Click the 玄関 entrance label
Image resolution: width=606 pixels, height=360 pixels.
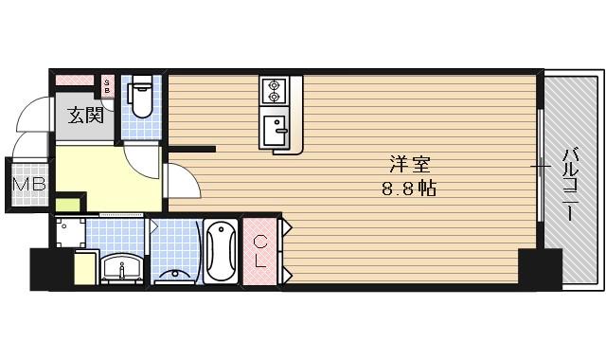pyautogui.click(x=85, y=117)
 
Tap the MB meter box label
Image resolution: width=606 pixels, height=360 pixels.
pyautogui.click(x=27, y=184)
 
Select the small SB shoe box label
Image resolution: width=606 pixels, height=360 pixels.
pyautogui.click(x=107, y=87)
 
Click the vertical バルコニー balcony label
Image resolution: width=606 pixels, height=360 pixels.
pyautogui.click(x=571, y=184)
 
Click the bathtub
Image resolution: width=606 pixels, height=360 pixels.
pyautogui.click(x=221, y=250)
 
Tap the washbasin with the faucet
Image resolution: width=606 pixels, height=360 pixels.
pyautogui.click(x=122, y=267)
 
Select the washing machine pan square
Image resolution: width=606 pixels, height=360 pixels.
pyautogui.click(x=73, y=233)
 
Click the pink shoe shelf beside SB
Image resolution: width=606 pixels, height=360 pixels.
pyautogui.click(x=76, y=81)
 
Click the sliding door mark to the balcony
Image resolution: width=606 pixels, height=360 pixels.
pyautogui.click(x=541, y=169)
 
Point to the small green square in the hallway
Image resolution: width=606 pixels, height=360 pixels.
pyautogui.click(x=67, y=203)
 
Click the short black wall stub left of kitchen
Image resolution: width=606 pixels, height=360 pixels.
pyautogui.click(x=194, y=148)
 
